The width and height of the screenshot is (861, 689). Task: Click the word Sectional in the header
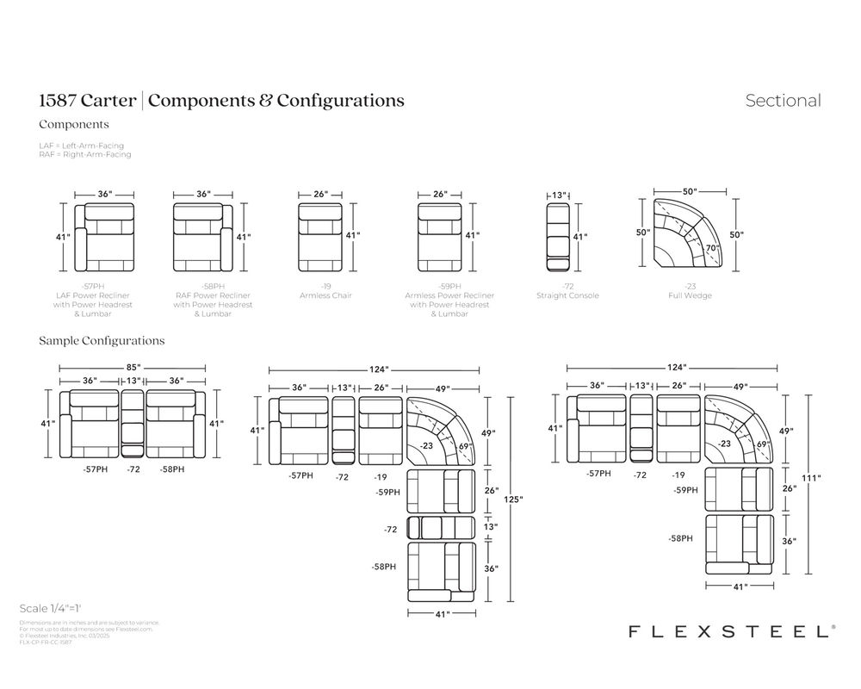(x=783, y=101)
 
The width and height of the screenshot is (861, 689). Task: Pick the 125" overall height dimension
(x=515, y=499)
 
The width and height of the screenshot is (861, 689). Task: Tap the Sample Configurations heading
(x=102, y=341)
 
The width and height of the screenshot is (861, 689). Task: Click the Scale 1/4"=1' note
(x=55, y=608)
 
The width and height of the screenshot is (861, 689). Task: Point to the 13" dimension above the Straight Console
(x=558, y=196)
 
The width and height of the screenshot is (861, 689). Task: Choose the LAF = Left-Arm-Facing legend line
(x=81, y=146)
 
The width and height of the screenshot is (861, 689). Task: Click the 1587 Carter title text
(x=87, y=101)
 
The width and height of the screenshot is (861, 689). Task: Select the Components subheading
(x=73, y=124)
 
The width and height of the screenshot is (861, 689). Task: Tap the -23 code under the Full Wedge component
(x=689, y=286)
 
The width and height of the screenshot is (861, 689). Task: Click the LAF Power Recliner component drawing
(x=103, y=236)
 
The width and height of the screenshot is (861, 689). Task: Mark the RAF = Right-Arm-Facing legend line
(x=84, y=154)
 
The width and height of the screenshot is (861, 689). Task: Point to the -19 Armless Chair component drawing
(x=320, y=235)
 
